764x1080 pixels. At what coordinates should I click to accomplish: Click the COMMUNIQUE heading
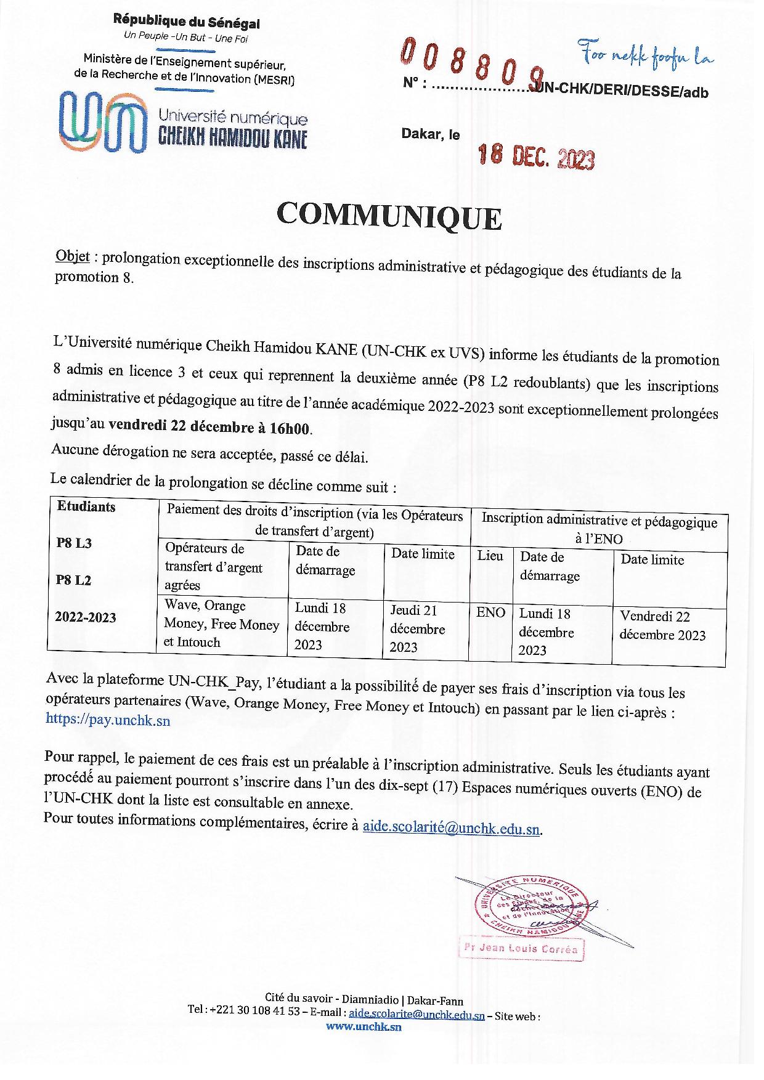click(x=389, y=216)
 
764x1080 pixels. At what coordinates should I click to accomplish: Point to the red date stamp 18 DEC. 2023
click(x=536, y=157)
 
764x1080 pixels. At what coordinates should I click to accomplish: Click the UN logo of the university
click(x=102, y=121)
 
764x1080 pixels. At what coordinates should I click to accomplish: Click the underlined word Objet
click(x=73, y=256)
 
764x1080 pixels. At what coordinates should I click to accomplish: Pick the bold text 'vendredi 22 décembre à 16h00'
click(x=210, y=426)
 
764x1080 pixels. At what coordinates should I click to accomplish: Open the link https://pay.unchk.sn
click(x=108, y=720)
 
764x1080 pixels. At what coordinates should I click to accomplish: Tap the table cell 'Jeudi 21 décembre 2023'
click(x=417, y=628)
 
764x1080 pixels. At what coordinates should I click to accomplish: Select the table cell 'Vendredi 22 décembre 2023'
click(x=662, y=625)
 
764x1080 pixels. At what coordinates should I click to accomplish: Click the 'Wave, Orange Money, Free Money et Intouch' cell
click(x=221, y=623)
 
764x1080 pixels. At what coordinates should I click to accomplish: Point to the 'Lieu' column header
click(x=490, y=556)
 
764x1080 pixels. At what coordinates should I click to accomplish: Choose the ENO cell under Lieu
click(x=490, y=612)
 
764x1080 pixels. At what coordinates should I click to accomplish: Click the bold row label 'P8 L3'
click(x=74, y=543)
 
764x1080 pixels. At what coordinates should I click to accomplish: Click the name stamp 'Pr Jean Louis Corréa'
click(x=520, y=949)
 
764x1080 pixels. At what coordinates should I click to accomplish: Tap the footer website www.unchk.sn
click(x=364, y=1026)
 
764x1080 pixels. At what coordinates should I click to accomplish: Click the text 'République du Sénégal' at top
click(x=186, y=22)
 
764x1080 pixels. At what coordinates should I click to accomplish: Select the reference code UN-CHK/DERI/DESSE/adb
click(x=622, y=92)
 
